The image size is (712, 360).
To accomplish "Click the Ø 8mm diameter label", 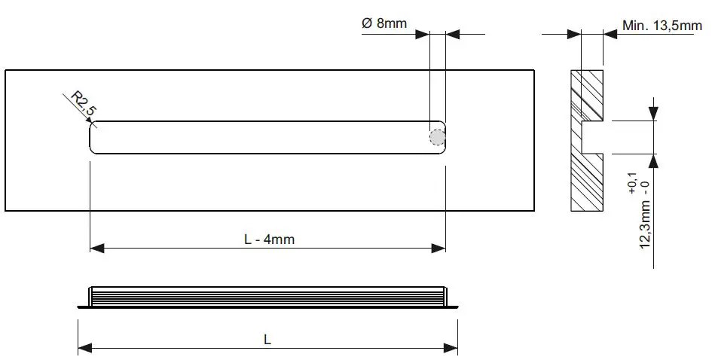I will point(384,23).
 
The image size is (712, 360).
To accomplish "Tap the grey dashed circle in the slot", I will point(437,137).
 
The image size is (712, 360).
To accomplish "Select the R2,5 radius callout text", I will point(84,104).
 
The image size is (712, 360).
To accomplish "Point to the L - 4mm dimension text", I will point(269,239).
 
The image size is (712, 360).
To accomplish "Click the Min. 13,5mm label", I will point(662,26).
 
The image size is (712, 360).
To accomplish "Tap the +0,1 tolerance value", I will point(631,183).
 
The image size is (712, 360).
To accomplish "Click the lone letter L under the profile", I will point(267,340).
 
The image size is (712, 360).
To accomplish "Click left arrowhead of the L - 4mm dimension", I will point(96,249).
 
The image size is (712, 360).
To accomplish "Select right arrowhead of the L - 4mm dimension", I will point(439,249).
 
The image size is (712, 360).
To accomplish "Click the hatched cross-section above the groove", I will point(588,94).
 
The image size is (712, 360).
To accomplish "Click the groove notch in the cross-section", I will point(594,137).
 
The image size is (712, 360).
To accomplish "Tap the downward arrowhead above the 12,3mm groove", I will point(653,114).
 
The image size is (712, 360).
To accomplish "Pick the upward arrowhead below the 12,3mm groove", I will point(653,160).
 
